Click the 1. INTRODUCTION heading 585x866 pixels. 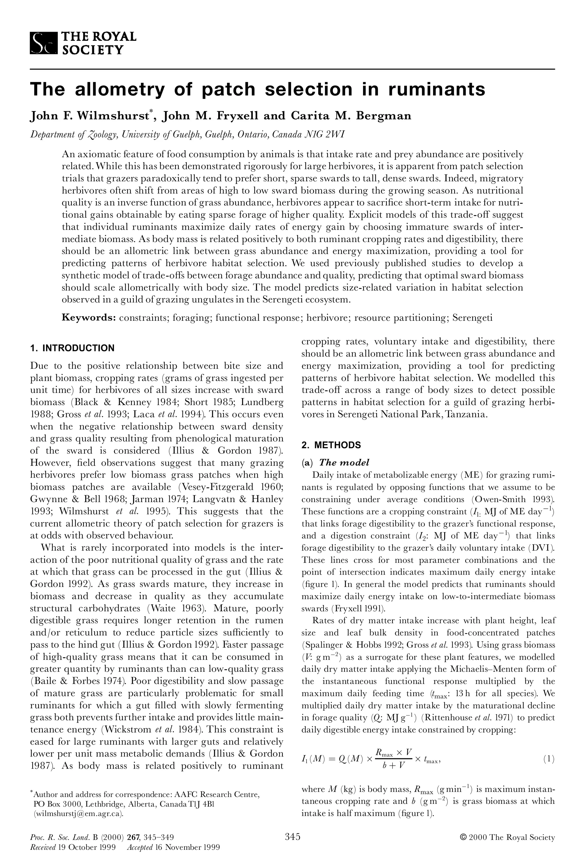click(72, 348)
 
